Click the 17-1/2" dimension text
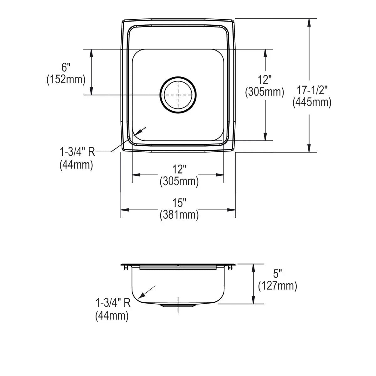tap(311, 90)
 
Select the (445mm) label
tap(312, 102)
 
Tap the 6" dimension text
tap(66, 67)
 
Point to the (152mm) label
tap(66, 79)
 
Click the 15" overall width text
tap(179, 203)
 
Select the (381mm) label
tap(179, 215)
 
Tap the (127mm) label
tap(278, 286)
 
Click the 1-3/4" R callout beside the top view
tap(77, 152)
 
